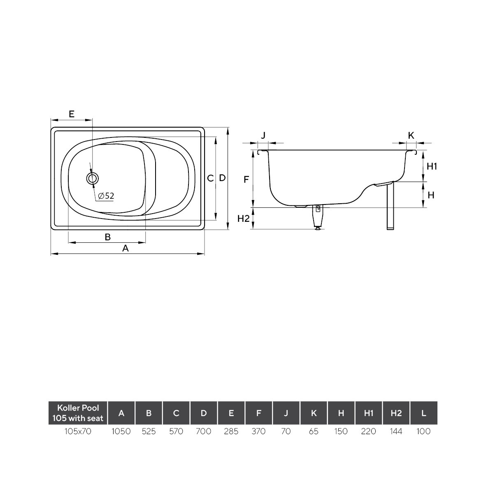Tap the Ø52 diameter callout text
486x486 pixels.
pyautogui.click(x=106, y=196)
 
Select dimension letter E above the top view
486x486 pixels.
pyautogui.click(x=72, y=114)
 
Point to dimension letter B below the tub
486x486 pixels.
pyautogui.click(x=107, y=237)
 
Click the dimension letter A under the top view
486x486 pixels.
pyautogui.click(x=125, y=248)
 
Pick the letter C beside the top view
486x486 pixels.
pyautogui.click(x=210, y=178)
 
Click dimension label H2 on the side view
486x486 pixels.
pyautogui.click(x=243, y=219)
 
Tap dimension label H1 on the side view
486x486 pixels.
pyautogui.click(x=431, y=166)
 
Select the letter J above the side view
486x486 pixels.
pyautogui.click(x=263, y=135)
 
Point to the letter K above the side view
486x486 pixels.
pyautogui.click(x=411, y=135)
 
